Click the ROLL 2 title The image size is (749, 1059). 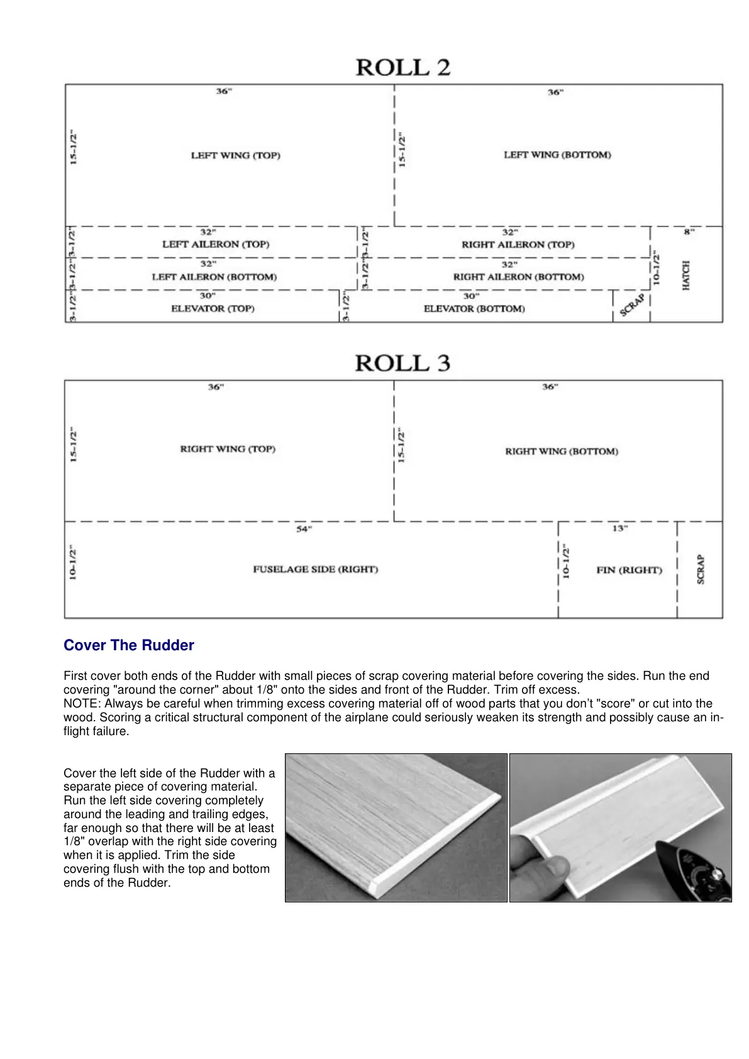click(x=403, y=67)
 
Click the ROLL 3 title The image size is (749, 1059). click(x=402, y=363)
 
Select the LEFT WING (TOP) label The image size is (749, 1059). click(x=236, y=155)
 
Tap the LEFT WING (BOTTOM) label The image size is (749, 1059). click(x=557, y=155)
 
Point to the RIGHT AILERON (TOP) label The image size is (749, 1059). click(x=518, y=245)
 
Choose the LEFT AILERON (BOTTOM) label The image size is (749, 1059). click(x=214, y=277)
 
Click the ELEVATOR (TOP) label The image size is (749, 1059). click(x=213, y=309)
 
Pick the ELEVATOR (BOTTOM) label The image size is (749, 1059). click(x=474, y=309)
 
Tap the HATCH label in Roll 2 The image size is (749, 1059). click(x=686, y=275)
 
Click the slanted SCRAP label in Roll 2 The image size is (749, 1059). click(x=632, y=306)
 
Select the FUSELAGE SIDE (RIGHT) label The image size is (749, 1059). click(x=316, y=570)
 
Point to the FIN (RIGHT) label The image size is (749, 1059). click(x=630, y=570)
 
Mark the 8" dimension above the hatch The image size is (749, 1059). click(x=689, y=232)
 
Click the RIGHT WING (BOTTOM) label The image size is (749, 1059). click(x=562, y=452)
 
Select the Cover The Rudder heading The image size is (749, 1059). click(x=129, y=645)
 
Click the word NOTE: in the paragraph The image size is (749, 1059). click(x=82, y=704)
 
